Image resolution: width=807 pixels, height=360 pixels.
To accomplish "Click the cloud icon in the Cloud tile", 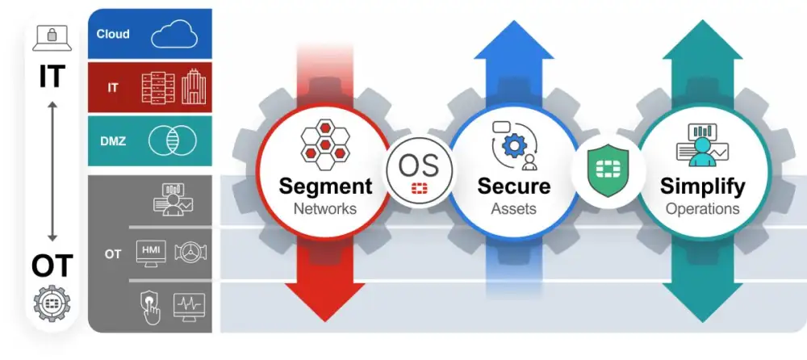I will click(x=175, y=35).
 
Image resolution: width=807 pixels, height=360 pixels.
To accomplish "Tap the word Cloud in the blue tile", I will click(x=113, y=35).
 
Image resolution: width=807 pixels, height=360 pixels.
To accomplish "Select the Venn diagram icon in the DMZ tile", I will click(x=173, y=140).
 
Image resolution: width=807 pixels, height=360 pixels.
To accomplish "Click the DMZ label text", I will click(x=112, y=140).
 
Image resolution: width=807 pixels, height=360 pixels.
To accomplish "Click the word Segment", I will click(x=325, y=186).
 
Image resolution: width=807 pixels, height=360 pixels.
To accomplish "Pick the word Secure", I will click(x=514, y=186).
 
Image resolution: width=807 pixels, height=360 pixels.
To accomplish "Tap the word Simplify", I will click(x=702, y=186).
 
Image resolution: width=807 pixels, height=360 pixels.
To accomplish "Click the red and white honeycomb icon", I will click(x=325, y=144).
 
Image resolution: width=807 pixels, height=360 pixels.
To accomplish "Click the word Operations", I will click(x=702, y=209).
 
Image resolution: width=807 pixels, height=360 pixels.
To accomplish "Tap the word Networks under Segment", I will click(x=325, y=209).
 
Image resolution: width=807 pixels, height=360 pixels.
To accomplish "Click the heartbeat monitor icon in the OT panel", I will click(x=190, y=306).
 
